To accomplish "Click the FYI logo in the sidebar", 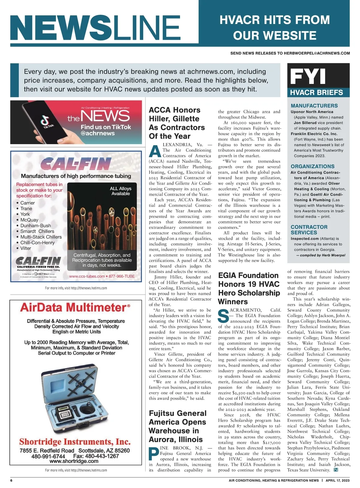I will pos(308,76).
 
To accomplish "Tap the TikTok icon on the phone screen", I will pos(48,123).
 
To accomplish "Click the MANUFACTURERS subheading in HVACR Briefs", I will pos(314,106).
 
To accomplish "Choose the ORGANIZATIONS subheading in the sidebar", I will pos(312,166).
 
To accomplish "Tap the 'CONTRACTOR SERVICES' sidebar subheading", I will pos(309,230).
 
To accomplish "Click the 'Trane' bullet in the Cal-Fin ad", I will pos(26,209).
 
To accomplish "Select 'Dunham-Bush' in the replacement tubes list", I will pos(35,226).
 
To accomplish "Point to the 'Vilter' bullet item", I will pos(25,248).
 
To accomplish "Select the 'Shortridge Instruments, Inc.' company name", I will pos(75,442).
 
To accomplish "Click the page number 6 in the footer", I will pos(11,481).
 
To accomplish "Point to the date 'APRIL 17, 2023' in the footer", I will pos(337,481).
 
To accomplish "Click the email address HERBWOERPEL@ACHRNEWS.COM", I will pos(317,53).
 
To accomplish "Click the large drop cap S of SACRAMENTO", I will pos(223,316).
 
